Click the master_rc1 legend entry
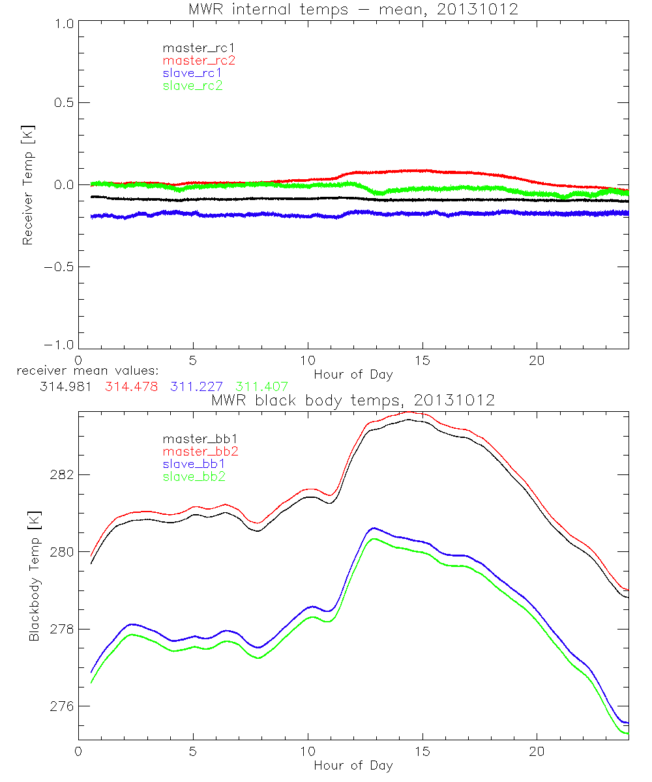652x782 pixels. coord(193,48)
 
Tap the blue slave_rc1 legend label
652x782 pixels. coord(192,73)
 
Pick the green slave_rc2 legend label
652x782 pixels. coord(192,85)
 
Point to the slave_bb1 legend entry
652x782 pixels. coord(193,465)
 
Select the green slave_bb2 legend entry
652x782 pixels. coord(193,477)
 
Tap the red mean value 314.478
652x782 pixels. coord(131,386)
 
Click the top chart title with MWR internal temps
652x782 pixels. coord(353,9)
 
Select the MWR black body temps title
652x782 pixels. coord(353,400)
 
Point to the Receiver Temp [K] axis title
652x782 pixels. coord(27,185)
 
